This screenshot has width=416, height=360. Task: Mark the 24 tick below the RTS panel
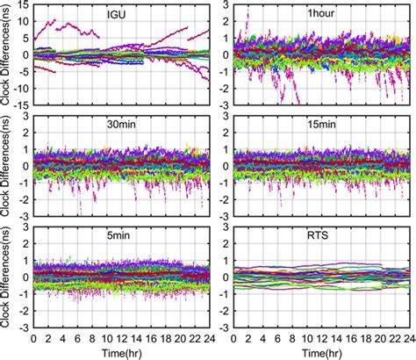409,337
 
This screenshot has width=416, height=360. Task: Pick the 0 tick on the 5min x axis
33,337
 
